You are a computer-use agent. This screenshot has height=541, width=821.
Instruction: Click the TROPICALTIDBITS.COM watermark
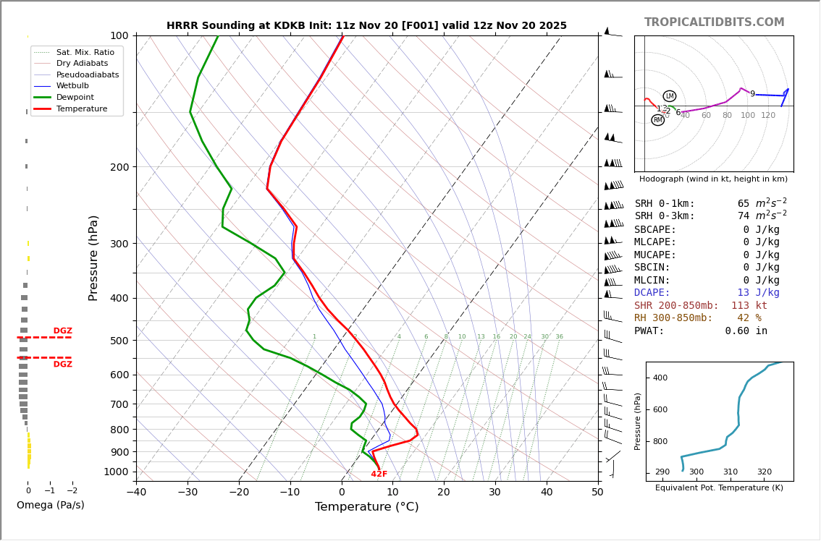[714, 22]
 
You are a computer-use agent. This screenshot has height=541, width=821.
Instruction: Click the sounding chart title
[366, 26]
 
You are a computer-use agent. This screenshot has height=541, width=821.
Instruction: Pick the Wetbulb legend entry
[72, 86]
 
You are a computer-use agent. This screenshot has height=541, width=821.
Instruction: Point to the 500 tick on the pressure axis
[119, 341]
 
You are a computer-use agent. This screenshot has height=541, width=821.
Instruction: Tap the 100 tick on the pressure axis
[119, 36]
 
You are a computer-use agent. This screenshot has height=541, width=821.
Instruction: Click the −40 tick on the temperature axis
[136, 493]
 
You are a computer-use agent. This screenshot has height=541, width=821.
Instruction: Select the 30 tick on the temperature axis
[494, 493]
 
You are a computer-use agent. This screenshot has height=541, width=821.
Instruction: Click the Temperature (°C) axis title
[366, 507]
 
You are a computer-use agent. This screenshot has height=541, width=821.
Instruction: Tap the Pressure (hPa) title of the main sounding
[93, 257]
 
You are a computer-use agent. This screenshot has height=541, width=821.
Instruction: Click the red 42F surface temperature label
[379, 474]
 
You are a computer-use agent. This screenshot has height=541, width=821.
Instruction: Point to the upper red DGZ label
[62, 331]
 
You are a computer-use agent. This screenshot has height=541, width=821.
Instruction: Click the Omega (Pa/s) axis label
[51, 506]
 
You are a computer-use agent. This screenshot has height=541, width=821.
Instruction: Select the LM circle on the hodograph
[670, 96]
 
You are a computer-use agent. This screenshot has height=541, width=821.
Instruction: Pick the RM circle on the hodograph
[657, 120]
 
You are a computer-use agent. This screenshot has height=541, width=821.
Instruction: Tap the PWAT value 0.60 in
[746, 331]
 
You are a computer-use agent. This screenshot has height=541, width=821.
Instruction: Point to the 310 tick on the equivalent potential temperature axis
[731, 472]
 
